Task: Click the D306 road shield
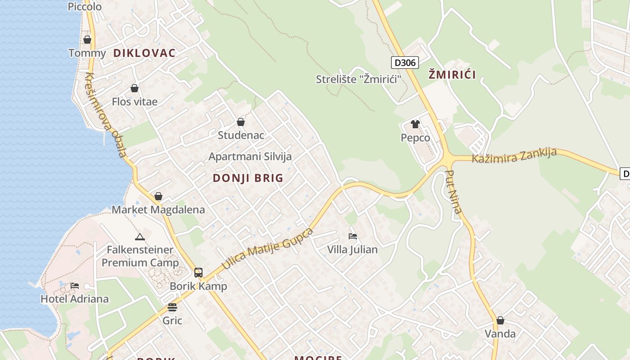point(404,62)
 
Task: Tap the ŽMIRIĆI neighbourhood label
point(452,75)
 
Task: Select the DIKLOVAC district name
point(144,53)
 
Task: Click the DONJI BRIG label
point(248,178)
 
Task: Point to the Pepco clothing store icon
point(415,124)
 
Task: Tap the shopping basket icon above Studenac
point(241,122)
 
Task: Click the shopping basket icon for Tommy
point(87,40)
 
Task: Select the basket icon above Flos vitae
point(135,88)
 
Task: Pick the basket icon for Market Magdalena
point(158,196)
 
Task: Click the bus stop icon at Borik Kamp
point(198,272)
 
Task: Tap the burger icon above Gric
point(172,307)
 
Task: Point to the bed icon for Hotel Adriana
point(75,286)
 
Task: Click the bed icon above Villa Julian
point(353,236)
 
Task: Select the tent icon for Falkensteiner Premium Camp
point(140,237)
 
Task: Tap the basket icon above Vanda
point(500,320)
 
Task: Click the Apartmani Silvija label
point(250,157)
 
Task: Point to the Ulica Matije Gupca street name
point(267,249)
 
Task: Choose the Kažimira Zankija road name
point(514,155)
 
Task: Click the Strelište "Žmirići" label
point(358,79)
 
